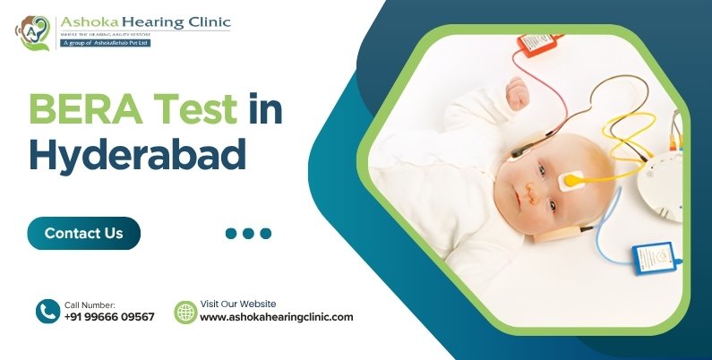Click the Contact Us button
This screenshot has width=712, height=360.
click(x=83, y=233)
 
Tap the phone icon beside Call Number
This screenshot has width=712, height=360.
click(x=47, y=311)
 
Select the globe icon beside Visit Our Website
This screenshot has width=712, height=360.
click(x=185, y=312)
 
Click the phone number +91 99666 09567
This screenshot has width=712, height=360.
click(x=109, y=317)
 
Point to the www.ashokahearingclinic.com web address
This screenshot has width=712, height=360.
click(x=276, y=317)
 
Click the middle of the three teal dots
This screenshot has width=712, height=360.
click(x=248, y=234)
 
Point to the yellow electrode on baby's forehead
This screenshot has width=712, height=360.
click(x=570, y=181)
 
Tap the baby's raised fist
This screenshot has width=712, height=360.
click(x=517, y=90)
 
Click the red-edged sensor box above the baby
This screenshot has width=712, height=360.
click(x=536, y=43)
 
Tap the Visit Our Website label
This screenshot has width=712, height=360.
click(x=237, y=304)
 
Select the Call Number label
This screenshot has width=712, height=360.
click(x=90, y=304)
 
